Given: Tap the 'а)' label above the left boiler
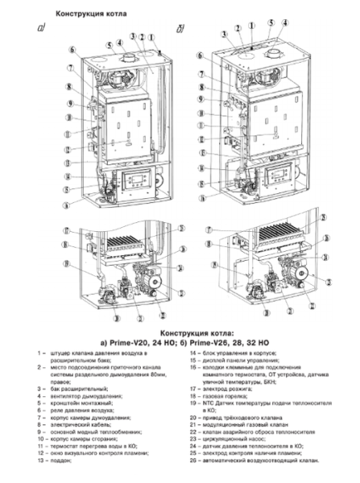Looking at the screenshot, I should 41,30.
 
